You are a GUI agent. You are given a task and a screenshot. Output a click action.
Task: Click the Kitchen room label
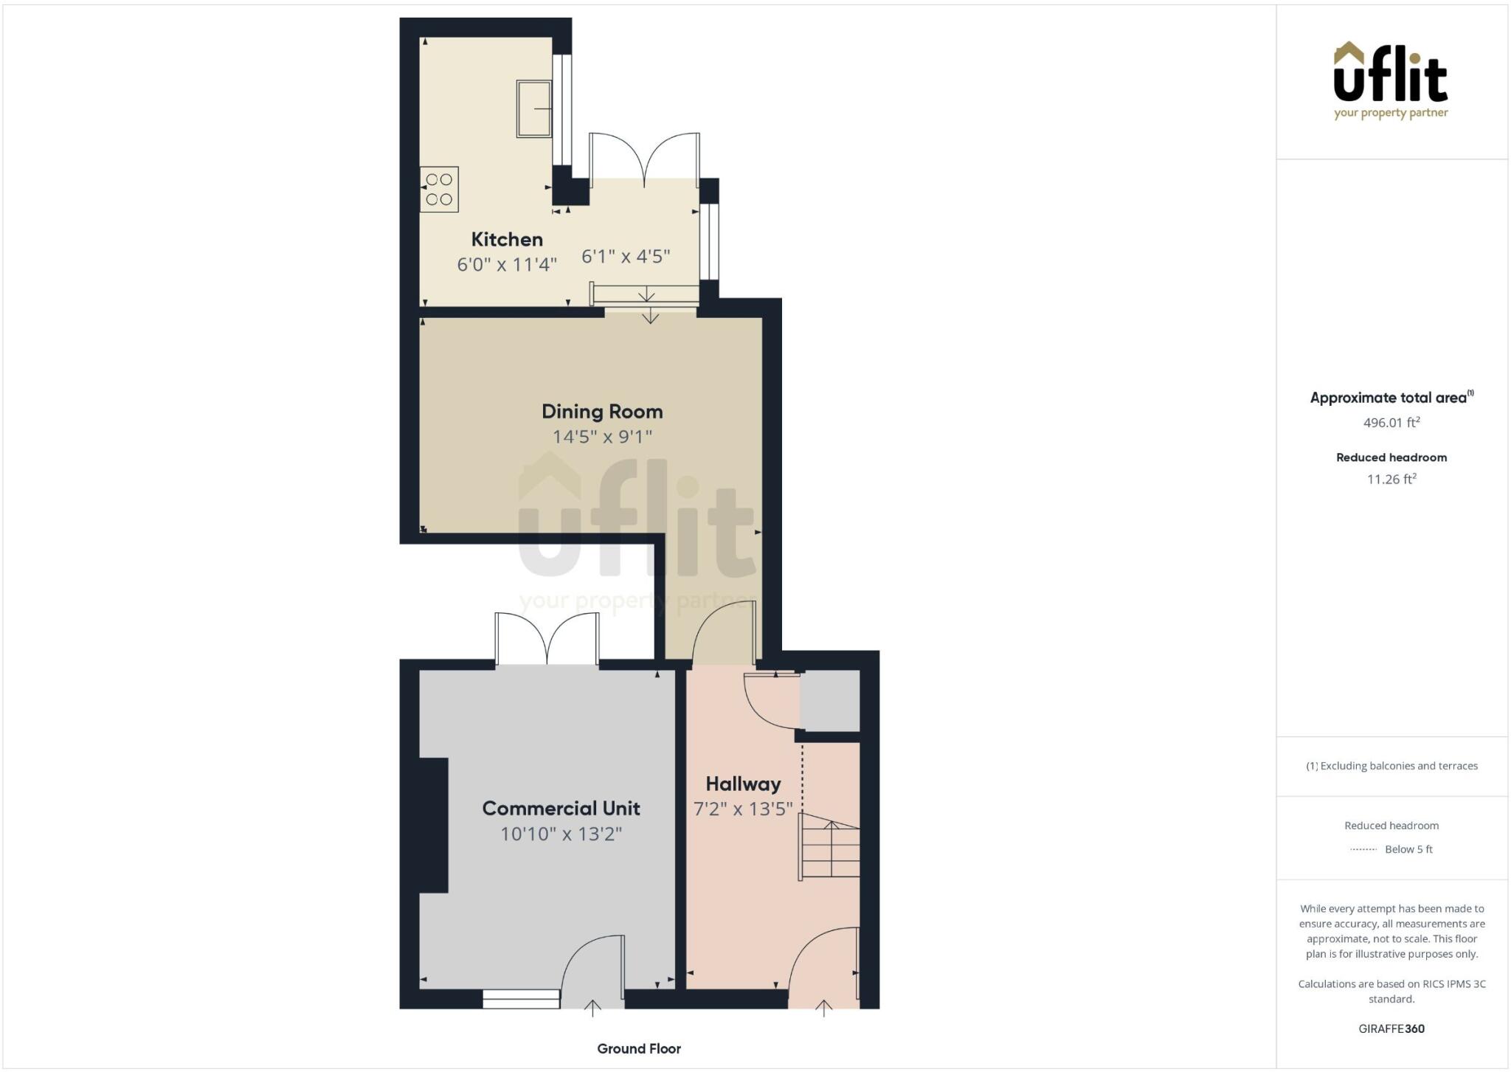click(x=507, y=239)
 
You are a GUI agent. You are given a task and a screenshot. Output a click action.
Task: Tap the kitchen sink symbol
click(x=533, y=109)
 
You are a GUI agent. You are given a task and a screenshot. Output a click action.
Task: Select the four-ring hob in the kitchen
click(x=439, y=190)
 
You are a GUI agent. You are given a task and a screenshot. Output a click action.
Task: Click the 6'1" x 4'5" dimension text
click(x=626, y=257)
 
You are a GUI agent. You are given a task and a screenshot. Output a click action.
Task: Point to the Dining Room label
click(x=602, y=412)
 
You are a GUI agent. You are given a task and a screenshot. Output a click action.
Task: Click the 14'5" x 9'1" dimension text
click(x=602, y=437)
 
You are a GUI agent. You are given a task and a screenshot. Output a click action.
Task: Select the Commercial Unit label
click(x=561, y=809)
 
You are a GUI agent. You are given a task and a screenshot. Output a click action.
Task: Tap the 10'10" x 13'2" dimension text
click(x=561, y=834)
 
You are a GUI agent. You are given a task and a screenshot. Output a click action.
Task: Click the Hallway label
click(x=743, y=784)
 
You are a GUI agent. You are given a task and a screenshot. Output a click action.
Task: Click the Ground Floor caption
click(x=639, y=1048)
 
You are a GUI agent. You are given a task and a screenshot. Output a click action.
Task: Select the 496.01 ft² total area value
click(x=1391, y=423)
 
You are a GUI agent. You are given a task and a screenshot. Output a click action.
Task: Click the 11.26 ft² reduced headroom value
click(x=1391, y=479)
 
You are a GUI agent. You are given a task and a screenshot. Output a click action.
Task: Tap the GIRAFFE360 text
click(x=1391, y=1028)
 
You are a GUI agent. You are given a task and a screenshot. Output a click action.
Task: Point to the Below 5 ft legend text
click(x=1408, y=849)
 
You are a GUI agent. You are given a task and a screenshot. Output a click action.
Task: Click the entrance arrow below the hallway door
click(x=823, y=1008)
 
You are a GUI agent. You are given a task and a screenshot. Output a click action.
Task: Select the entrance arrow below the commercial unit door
click(x=592, y=1008)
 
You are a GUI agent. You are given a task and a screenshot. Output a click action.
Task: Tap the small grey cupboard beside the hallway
click(x=830, y=700)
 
